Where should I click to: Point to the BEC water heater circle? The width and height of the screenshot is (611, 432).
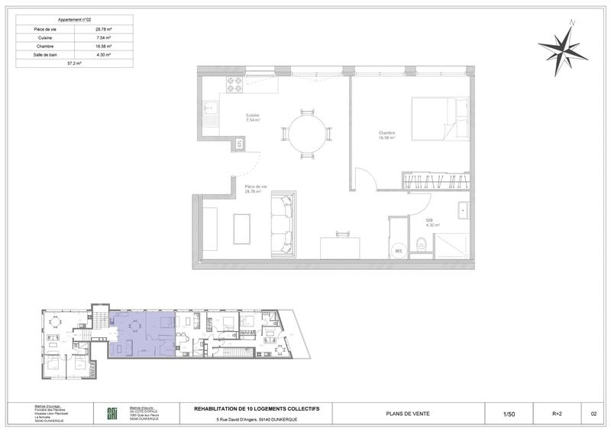tap(399, 251)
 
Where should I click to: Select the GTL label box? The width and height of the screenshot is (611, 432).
tap(239, 143)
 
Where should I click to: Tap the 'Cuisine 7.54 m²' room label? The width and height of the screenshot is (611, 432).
tap(252, 118)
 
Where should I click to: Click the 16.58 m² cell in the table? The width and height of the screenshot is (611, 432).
tap(103, 46)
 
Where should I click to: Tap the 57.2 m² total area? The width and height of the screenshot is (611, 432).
tap(73, 65)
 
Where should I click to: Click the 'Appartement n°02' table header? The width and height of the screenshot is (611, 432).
tap(73, 18)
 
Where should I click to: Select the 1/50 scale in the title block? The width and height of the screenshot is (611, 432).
tap(509, 414)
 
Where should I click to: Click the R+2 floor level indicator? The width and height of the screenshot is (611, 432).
tap(557, 414)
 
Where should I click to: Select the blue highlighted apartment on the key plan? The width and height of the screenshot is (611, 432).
tap(143, 334)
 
